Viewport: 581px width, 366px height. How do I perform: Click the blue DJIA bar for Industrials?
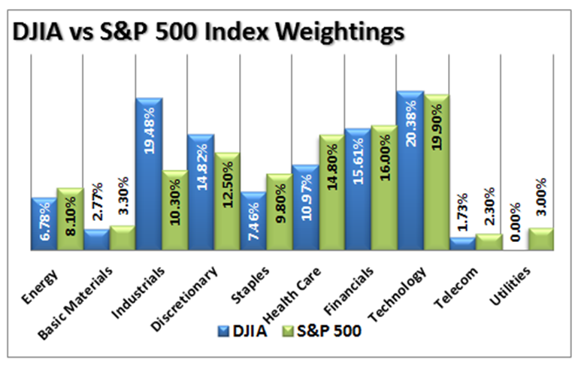pos(150,174)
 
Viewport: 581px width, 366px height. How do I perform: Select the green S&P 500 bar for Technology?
pos(437,172)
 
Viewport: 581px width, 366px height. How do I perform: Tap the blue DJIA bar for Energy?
pos(44,224)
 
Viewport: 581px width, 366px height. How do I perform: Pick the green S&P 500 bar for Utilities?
pos(541,239)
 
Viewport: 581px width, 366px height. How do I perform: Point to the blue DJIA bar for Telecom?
pos(463,244)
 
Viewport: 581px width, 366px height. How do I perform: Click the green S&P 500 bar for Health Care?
pos(332,192)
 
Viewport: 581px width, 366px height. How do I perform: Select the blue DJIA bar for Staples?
pos(253,221)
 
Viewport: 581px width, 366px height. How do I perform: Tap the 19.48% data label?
pos(150,131)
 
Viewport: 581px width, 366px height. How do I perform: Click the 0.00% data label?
pos(515,222)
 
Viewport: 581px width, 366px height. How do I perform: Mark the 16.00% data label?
pos(385,157)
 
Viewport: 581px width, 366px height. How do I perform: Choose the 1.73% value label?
pos(462,212)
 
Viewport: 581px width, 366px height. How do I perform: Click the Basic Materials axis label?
pos(75,303)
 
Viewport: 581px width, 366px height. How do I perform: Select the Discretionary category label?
pos(184,298)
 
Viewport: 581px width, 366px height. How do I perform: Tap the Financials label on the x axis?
pos(349,291)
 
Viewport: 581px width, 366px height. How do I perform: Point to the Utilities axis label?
pos(510,286)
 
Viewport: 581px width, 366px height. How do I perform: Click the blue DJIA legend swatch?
pos(223,331)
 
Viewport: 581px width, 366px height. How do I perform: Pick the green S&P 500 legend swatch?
pos(288,331)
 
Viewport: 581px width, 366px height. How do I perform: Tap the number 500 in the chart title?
pos(175,32)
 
